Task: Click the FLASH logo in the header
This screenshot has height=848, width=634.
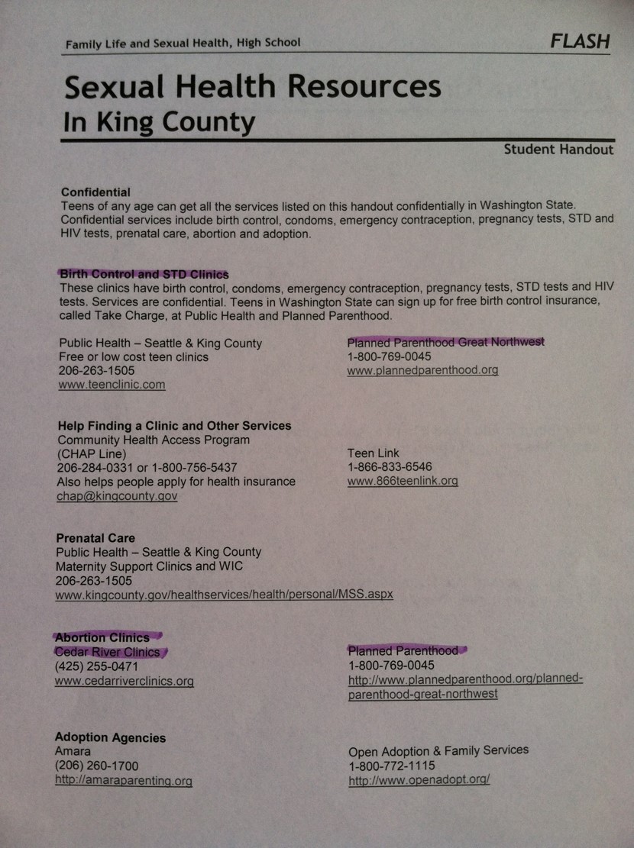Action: coord(580,41)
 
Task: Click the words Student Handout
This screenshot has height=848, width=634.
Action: coord(558,150)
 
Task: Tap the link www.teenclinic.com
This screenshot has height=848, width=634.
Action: coord(112,385)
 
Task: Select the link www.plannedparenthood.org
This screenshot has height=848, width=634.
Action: coord(422,370)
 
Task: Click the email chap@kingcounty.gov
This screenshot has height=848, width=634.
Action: coord(116,496)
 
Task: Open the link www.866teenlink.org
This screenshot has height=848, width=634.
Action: coord(403,481)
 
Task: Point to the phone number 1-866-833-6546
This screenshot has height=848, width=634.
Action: coord(390,467)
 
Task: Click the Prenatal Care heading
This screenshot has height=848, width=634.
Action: coord(95,538)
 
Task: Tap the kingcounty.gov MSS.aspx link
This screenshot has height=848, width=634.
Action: coord(224,594)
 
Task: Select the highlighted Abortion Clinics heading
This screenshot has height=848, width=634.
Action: coord(102,637)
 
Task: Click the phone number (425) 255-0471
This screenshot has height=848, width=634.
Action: coord(96,666)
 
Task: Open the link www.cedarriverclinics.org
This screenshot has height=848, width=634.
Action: coord(124,681)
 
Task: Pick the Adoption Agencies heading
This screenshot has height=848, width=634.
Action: coord(110,737)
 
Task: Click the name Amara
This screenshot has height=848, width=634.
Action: coord(73,752)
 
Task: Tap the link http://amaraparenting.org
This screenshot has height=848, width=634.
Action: coord(123,781)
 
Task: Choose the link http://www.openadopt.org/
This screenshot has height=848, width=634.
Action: coord(419,780)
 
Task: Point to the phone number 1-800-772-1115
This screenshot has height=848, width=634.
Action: coord(392,766)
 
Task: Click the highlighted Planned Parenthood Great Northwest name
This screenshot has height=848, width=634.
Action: coord(445,342)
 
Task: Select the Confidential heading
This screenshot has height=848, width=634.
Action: coord(95,192)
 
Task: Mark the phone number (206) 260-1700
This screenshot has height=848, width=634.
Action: coord(96,766)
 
